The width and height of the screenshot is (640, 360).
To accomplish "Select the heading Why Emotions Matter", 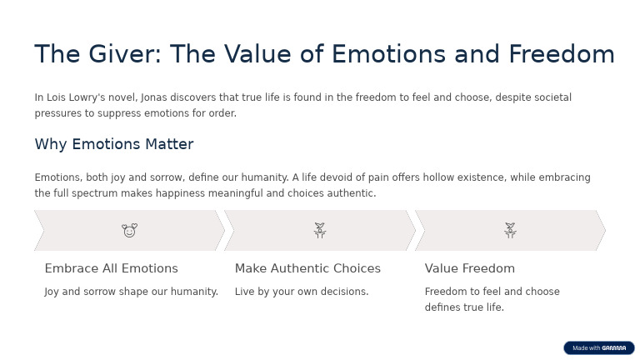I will click(x=113, y=144).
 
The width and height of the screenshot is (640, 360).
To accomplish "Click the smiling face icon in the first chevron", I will click(x=129, y=230).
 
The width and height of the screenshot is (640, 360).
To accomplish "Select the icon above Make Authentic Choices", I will click(x=319, y=230).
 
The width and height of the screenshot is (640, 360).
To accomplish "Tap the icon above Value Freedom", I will click(x=510, y=230).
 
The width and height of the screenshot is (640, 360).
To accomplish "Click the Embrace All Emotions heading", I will click(x=111, y=268).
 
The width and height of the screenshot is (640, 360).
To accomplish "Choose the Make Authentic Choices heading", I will click(x=307, y=268).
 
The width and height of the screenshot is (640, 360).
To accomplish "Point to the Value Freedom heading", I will click(x=469, y=268).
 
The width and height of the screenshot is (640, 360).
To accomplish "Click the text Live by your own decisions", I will click(x=301, y=292).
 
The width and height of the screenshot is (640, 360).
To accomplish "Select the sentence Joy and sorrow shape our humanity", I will click(x=131, y=292).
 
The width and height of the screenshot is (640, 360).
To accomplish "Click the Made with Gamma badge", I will click(x=598, y=347).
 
